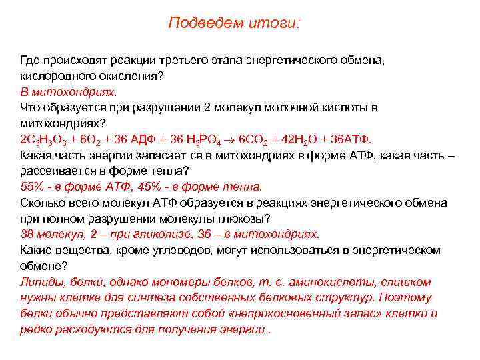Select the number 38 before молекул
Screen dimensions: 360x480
point(27,234)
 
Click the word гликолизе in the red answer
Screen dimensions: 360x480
point(130,234)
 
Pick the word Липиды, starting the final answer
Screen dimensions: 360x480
point(41,282)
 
